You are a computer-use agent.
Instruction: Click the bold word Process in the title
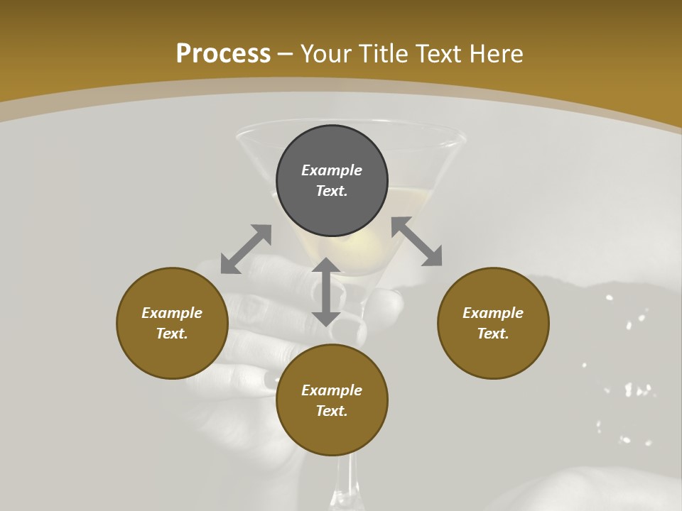pos(223,54)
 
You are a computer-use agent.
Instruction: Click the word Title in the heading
pos(381,54)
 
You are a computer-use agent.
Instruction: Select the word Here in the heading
pos(498,54)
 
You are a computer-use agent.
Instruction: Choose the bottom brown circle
pos(332,433)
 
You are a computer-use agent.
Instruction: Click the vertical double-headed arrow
pos(326,292)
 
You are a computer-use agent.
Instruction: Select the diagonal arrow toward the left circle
pos(246,249)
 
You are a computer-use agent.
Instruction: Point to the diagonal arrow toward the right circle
pos(417,241)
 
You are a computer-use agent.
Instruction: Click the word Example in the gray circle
pos(332,170)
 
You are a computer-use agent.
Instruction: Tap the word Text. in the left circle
pos(172,334)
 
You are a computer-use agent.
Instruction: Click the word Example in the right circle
pos(493,313)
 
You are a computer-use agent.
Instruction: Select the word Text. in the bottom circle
pos(332,411)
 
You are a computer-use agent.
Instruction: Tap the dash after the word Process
pos(286,54)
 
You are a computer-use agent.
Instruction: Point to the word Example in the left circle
pos(172,313)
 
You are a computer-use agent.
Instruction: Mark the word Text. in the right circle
pos(493,334)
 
